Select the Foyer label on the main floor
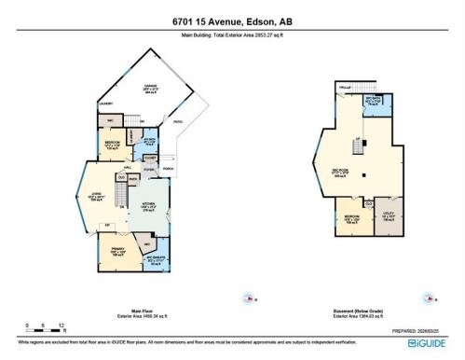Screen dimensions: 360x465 tap(147, 168)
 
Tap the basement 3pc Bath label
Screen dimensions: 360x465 tap(373, 102)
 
